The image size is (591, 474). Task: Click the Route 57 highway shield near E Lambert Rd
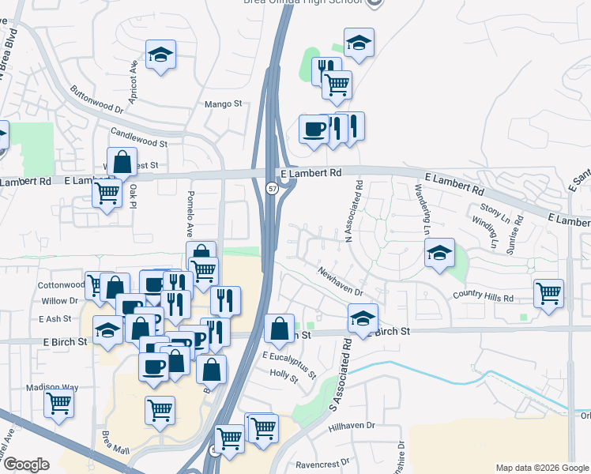pos(272,189)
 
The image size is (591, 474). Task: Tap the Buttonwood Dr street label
pos(97,98)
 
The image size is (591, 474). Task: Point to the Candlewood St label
pos(139,138)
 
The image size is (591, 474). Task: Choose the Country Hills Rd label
pos(483,297)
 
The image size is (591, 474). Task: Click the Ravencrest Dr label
pos(322,464)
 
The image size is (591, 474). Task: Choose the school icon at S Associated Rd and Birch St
pos(363,318)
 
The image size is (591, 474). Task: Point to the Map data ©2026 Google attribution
pos(541,468)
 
